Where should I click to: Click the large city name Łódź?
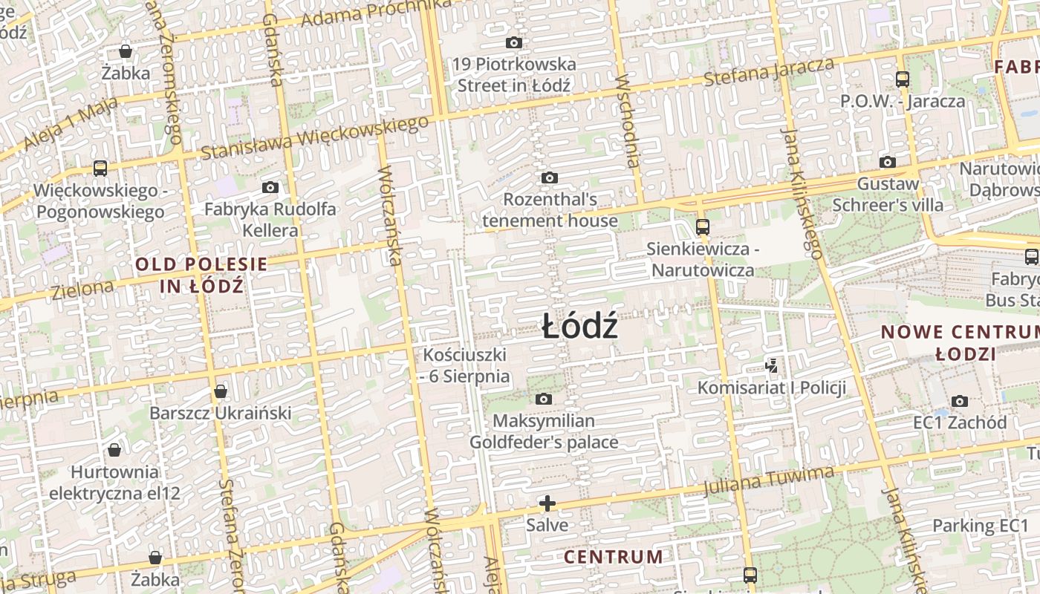coord(579,327)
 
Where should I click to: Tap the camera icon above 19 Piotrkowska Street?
coord(513,43)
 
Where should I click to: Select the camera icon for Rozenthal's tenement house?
coord(549,178)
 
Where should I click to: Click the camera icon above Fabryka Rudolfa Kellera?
coord(270,188)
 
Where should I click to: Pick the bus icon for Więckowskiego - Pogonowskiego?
coord(100,169)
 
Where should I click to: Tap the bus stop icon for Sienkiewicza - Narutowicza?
coord(702,226)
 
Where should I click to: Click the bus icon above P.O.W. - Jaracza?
coord(903,79)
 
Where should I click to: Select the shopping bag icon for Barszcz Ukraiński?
coord(221,391)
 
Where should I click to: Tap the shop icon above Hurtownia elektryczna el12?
coord(114,450)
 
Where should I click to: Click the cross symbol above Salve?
coord(547,504)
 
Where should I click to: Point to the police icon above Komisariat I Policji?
coord(772,365)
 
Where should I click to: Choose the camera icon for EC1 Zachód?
coord(960,401)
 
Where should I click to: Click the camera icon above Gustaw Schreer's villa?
coord(887,162)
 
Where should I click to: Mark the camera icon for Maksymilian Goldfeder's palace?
coord(544,399)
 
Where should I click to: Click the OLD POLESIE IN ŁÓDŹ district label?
coord(201,275)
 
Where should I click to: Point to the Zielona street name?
coord(83,289)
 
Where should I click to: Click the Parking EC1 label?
coord(980,526)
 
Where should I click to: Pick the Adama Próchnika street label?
coord(377,13)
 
